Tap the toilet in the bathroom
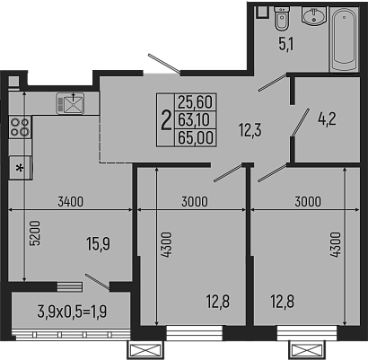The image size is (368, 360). pyautogui.click(x=281, y=19)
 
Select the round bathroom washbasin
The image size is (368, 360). pyautogui.click(x=312, y=17)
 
